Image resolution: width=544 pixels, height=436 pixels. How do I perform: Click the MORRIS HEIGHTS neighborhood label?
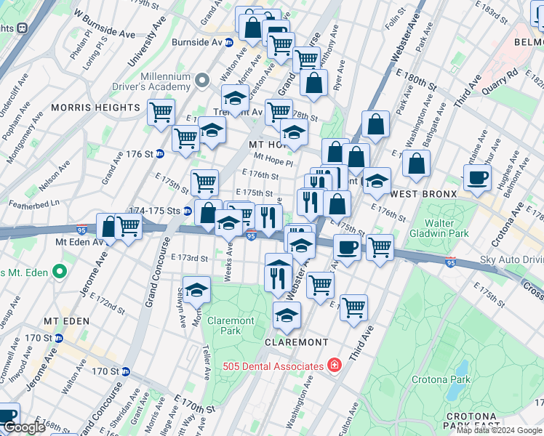point(95,108)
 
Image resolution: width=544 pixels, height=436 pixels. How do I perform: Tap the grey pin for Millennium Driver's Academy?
point(202,78)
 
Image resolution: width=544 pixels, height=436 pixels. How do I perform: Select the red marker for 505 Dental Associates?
point(334,365)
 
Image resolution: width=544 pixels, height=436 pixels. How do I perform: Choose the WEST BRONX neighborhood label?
point(424,195)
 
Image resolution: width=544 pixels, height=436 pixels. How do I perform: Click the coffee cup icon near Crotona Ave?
point(477,177)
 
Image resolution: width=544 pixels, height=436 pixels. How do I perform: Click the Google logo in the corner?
point(24,428)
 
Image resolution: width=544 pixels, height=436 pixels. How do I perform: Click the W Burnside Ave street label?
point(105,25)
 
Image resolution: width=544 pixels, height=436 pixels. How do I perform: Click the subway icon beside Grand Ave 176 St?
point(159,154)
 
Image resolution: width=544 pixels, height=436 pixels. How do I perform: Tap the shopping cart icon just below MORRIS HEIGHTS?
point(161,113)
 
